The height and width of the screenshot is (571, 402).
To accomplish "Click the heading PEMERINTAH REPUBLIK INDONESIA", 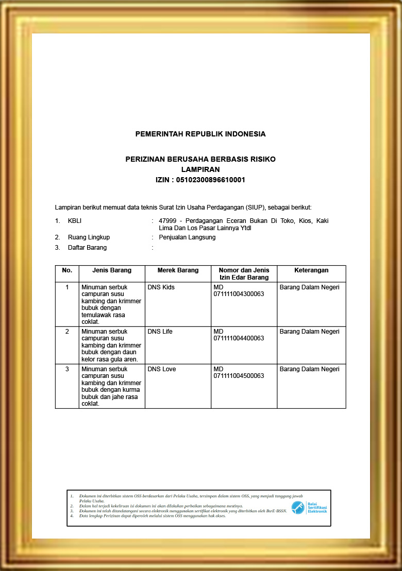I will (200, 134).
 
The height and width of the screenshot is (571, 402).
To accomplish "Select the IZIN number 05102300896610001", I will (211, 180).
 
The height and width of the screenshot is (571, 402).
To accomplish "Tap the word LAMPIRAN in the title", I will (200, 169).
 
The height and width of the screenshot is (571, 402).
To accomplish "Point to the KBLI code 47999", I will (168, 221).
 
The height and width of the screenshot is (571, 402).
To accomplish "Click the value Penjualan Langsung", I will (187, 237).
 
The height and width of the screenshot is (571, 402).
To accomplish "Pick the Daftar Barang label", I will (87, 248).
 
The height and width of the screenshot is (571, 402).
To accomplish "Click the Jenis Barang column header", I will (112, 270).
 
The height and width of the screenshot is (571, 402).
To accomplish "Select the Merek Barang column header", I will (178, 270).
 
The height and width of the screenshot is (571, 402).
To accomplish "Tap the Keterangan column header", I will (311, 270).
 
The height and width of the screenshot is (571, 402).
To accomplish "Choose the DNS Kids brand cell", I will (161, 287).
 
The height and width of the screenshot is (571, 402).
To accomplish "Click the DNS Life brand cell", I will (160, 332).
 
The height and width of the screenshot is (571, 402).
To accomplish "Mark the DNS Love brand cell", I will (161, 369).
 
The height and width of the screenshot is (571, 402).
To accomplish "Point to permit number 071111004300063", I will (239, 294).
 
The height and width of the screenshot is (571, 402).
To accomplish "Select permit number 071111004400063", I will (239, 338).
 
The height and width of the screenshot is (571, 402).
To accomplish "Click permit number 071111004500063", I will (239, 376).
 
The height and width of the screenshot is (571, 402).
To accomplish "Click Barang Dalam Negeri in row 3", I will (309, 369).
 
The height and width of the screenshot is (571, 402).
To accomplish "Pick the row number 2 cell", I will (67, 332).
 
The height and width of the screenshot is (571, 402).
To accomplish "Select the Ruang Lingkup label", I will (89, 237).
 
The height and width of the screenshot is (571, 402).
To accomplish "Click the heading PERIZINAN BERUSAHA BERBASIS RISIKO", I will (200, 160).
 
